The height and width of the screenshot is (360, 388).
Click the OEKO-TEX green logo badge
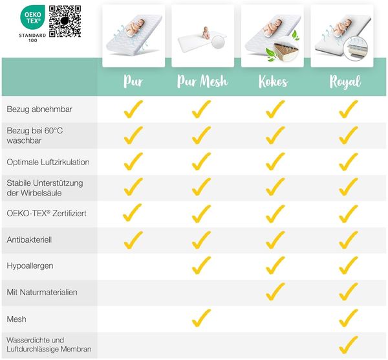click(x=32, y=17)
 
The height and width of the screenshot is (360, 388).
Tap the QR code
click(x=65, y=21)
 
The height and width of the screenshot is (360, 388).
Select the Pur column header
click(x=133, y=81)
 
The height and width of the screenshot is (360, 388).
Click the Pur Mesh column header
click(x=202, y=81)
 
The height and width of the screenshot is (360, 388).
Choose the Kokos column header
click(x=273, y=81)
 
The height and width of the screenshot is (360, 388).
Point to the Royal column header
click(x=345, y=82)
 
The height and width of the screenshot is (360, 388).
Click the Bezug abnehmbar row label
click(x=39, y=109)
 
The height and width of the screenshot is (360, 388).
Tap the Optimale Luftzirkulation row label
click(x=48, y=162)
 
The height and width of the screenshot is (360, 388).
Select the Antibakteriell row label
click(x=29, y=240)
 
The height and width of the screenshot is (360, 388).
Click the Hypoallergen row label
click(x=30, y=266)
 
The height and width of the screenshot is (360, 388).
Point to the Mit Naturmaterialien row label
click(x=42, y=292)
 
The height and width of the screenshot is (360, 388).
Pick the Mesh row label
click(x=16, y=319)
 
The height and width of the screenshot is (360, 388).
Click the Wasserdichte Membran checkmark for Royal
click(x=348, y=346)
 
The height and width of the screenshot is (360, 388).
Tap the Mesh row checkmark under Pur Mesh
click(x=200, y=319)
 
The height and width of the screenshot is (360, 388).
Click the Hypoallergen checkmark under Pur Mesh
click(x=200, y=266)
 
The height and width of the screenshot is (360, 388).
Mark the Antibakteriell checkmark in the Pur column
click(x=133, y=241)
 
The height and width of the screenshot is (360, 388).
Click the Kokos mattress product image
click(x=272, y=36)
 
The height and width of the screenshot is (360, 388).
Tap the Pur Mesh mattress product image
click(x=202, y=36)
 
